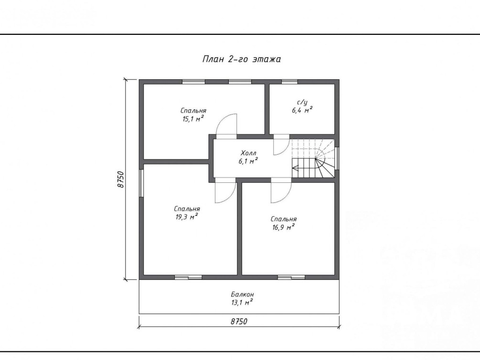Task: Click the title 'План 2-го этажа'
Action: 242,59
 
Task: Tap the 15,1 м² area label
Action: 193,119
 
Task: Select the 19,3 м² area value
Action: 187,217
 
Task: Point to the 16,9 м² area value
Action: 284,227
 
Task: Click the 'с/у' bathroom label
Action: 302,102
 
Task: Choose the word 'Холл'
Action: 248,153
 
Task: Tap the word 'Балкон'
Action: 242,294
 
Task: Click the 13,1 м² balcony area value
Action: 242,302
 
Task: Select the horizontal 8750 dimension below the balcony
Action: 239,321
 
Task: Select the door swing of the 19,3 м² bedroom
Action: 225,192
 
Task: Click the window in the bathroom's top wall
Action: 289,82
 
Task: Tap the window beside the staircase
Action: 337,158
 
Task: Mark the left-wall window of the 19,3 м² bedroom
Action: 141,183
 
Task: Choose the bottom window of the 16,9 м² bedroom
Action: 291,277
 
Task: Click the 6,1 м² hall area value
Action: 248,161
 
